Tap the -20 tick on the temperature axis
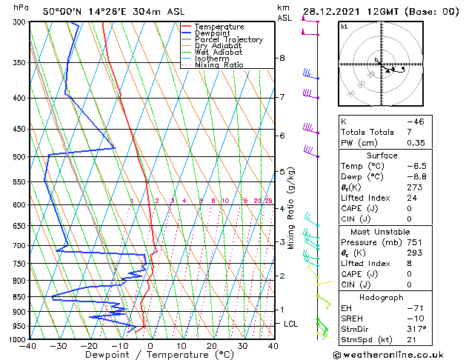[x=89, y=346]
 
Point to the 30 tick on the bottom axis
[x=242, y=346]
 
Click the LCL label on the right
[x=291, y=324]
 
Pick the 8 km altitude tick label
[x=282, y=58]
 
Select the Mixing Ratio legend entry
[x=219, y=65]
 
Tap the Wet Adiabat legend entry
[x=216, y=53]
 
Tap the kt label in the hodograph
[x=344, y=27]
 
